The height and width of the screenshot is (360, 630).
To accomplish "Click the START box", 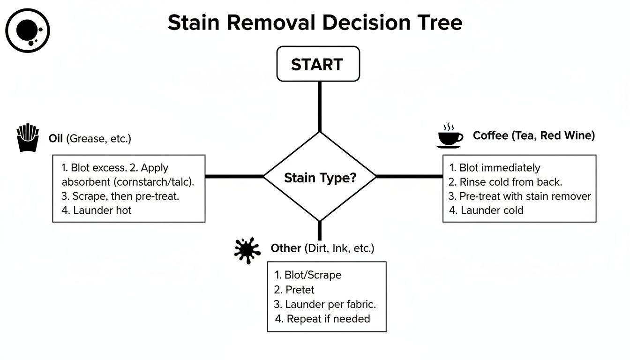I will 318,64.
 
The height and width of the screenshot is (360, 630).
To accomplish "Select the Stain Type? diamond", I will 320,177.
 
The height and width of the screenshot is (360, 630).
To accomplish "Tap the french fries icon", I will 28,138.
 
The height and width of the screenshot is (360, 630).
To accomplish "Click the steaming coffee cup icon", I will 450,136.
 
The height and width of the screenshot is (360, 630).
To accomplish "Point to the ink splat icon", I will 247,250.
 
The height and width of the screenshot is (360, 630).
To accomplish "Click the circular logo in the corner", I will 28,30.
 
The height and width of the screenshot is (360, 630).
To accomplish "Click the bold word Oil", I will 55,139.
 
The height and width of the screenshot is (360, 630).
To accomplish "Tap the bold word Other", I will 285,248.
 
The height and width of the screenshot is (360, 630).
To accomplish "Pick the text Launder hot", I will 102,210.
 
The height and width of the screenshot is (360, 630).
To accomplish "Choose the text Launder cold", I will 492,210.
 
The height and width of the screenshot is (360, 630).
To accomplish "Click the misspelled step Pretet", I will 300,290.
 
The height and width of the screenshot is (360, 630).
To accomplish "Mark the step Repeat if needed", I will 328,319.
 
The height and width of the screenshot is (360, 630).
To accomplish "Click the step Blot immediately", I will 500,168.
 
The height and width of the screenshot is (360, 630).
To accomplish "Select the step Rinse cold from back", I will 510,182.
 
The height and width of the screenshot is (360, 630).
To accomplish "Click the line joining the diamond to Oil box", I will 234,177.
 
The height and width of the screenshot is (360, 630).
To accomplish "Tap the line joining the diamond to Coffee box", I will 409,177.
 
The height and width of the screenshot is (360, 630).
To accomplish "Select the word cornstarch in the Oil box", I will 140,182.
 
